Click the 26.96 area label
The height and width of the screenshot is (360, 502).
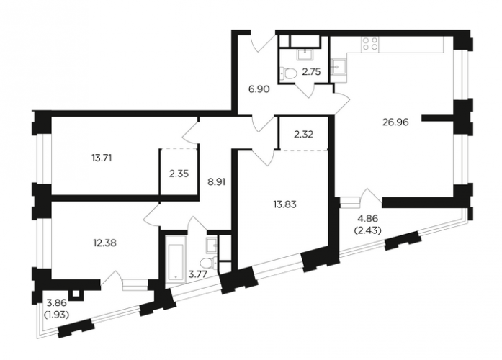point(395,122)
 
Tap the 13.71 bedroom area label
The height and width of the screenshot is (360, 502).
point(102,158)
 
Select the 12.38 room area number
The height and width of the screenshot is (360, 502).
point(104,243)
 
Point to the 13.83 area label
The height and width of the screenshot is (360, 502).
point(284,204)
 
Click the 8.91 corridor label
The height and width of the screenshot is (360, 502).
point(216,181)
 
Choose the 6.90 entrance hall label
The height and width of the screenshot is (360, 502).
point(259,89)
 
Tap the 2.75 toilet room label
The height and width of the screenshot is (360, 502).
point(311,72)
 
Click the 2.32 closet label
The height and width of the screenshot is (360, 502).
point(303,135)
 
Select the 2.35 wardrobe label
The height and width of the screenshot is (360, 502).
point(179,174)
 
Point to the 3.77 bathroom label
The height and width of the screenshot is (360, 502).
point(198,274)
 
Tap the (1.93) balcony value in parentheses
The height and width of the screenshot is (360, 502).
point(58,315)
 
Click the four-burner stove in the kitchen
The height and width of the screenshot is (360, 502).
point(370,44)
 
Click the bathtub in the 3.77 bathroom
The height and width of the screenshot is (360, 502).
point(176,259)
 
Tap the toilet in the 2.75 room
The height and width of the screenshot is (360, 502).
point(289,73)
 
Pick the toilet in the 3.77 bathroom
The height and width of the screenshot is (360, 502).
point(207,263)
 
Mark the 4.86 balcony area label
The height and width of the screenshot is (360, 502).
point(368,219)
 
